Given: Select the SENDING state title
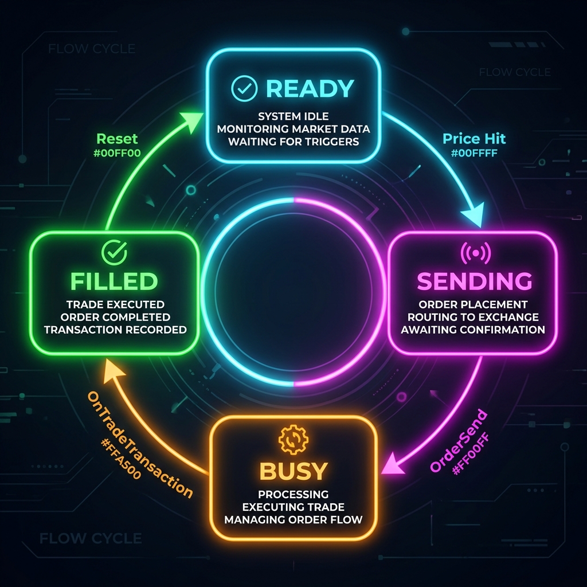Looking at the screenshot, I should point(474,281).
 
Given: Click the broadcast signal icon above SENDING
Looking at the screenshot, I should point(474,252).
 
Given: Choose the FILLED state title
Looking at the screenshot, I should point(114,281).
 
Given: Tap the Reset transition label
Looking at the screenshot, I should point(116,138).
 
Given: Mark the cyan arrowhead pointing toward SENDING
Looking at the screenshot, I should point(473,217).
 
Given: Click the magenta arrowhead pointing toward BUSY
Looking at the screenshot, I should point(392,462).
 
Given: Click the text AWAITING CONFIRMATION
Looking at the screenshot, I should point(472,330).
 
